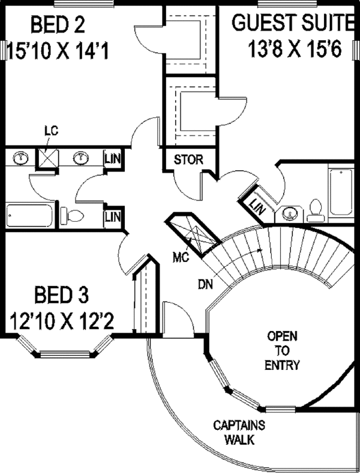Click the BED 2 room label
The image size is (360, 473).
[x=58, y=25]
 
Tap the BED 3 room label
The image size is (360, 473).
[x=62, y=295]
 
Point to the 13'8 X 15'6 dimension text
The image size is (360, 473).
[x=295, y=49]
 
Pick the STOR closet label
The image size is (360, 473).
[x=188, y=159]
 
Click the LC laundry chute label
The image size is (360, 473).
[x=52, y=131]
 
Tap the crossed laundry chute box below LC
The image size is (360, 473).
[x=47, y=158]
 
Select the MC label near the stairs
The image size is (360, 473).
[x=181, y=257]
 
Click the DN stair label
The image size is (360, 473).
[x=205, y=284]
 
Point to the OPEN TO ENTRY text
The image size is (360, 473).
[x=282, y=351]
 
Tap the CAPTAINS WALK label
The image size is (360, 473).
[x=239, y=433]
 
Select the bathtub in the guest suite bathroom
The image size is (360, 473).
[x=341, y=192]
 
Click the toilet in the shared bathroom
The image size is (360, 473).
[x=72, y=215]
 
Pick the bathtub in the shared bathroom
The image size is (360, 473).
[x=29, y=216]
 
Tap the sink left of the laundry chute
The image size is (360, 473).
[x=20, y=157]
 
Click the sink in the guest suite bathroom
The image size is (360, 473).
[x=290, y=213]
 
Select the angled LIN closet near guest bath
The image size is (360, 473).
[x=256, y=206]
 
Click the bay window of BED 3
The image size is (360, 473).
[x=65, y=347]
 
